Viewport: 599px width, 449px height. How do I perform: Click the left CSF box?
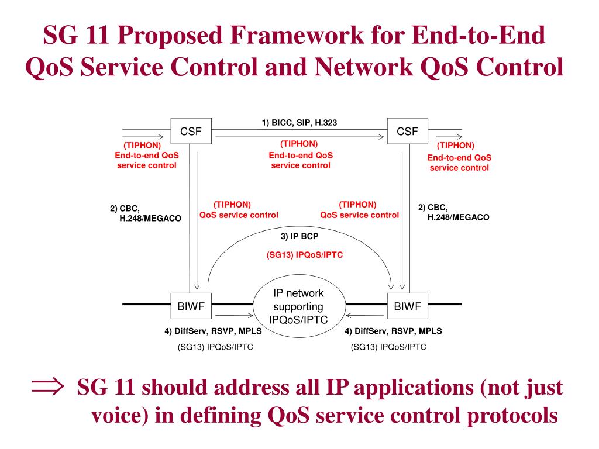(191, 132)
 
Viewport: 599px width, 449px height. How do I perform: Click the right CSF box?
(407, 132)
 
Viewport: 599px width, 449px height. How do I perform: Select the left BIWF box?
(191, 305)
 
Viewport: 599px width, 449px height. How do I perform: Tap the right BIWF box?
(407, 305)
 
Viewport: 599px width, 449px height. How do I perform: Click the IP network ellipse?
(298, 307)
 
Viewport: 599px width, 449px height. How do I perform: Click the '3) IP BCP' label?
(299, 237)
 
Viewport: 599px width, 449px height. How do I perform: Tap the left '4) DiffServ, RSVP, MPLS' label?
(213, 331)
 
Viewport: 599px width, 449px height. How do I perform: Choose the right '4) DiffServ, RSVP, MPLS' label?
(393, 331)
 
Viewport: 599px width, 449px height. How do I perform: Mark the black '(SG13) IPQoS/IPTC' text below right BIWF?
(388, 347)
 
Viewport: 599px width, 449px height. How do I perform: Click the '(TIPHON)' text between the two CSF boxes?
(299, 144)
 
